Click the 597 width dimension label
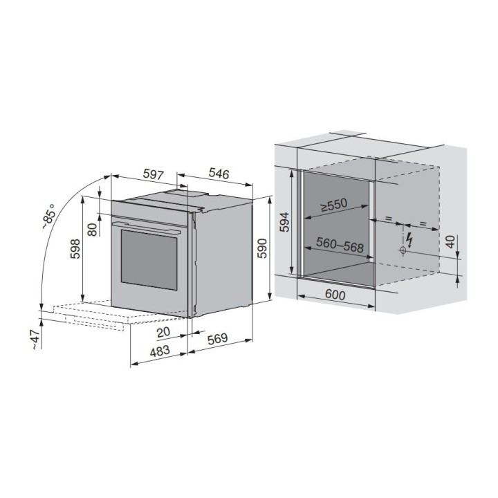(154, 174)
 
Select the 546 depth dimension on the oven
(219, 173)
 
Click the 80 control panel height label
(92, 230)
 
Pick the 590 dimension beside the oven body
(262, 248)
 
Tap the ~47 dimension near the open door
(35, 339)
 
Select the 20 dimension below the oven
(163, 332)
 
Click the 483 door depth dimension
(160, 351)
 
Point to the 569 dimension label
(218, 338)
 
